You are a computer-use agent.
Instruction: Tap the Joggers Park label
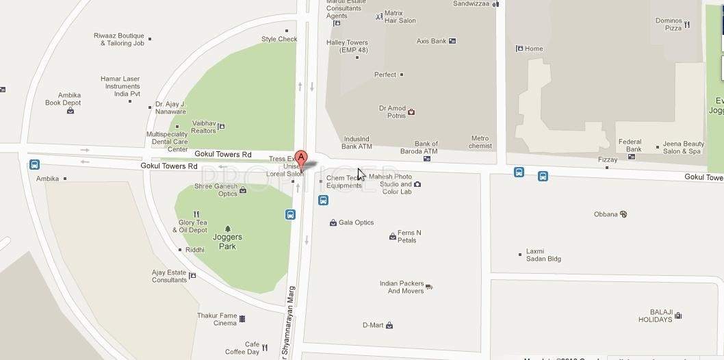pos(227,242)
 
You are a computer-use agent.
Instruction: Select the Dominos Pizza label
pos(669,25)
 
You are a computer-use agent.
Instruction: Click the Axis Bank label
pos(431,41)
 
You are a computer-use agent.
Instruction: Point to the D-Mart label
pos(373,325)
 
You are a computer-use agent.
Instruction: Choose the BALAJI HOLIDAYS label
pos(656,316)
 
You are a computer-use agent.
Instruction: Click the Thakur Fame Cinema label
pos(216,319)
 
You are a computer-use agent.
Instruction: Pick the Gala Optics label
pos(356,222)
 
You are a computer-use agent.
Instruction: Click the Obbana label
pos(606,214)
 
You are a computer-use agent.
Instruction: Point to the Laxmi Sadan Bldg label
pos(543,255)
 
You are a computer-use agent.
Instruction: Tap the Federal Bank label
pos(630,146)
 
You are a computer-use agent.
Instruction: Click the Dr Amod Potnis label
pos(392,112)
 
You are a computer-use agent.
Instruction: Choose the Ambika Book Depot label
pos(63,99)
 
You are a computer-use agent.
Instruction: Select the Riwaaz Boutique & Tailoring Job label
pos(119,39)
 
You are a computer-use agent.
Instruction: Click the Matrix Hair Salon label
pos(400,16)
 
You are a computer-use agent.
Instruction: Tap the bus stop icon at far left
pos(34,165)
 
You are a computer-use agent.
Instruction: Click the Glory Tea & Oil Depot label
pos(192,226)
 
